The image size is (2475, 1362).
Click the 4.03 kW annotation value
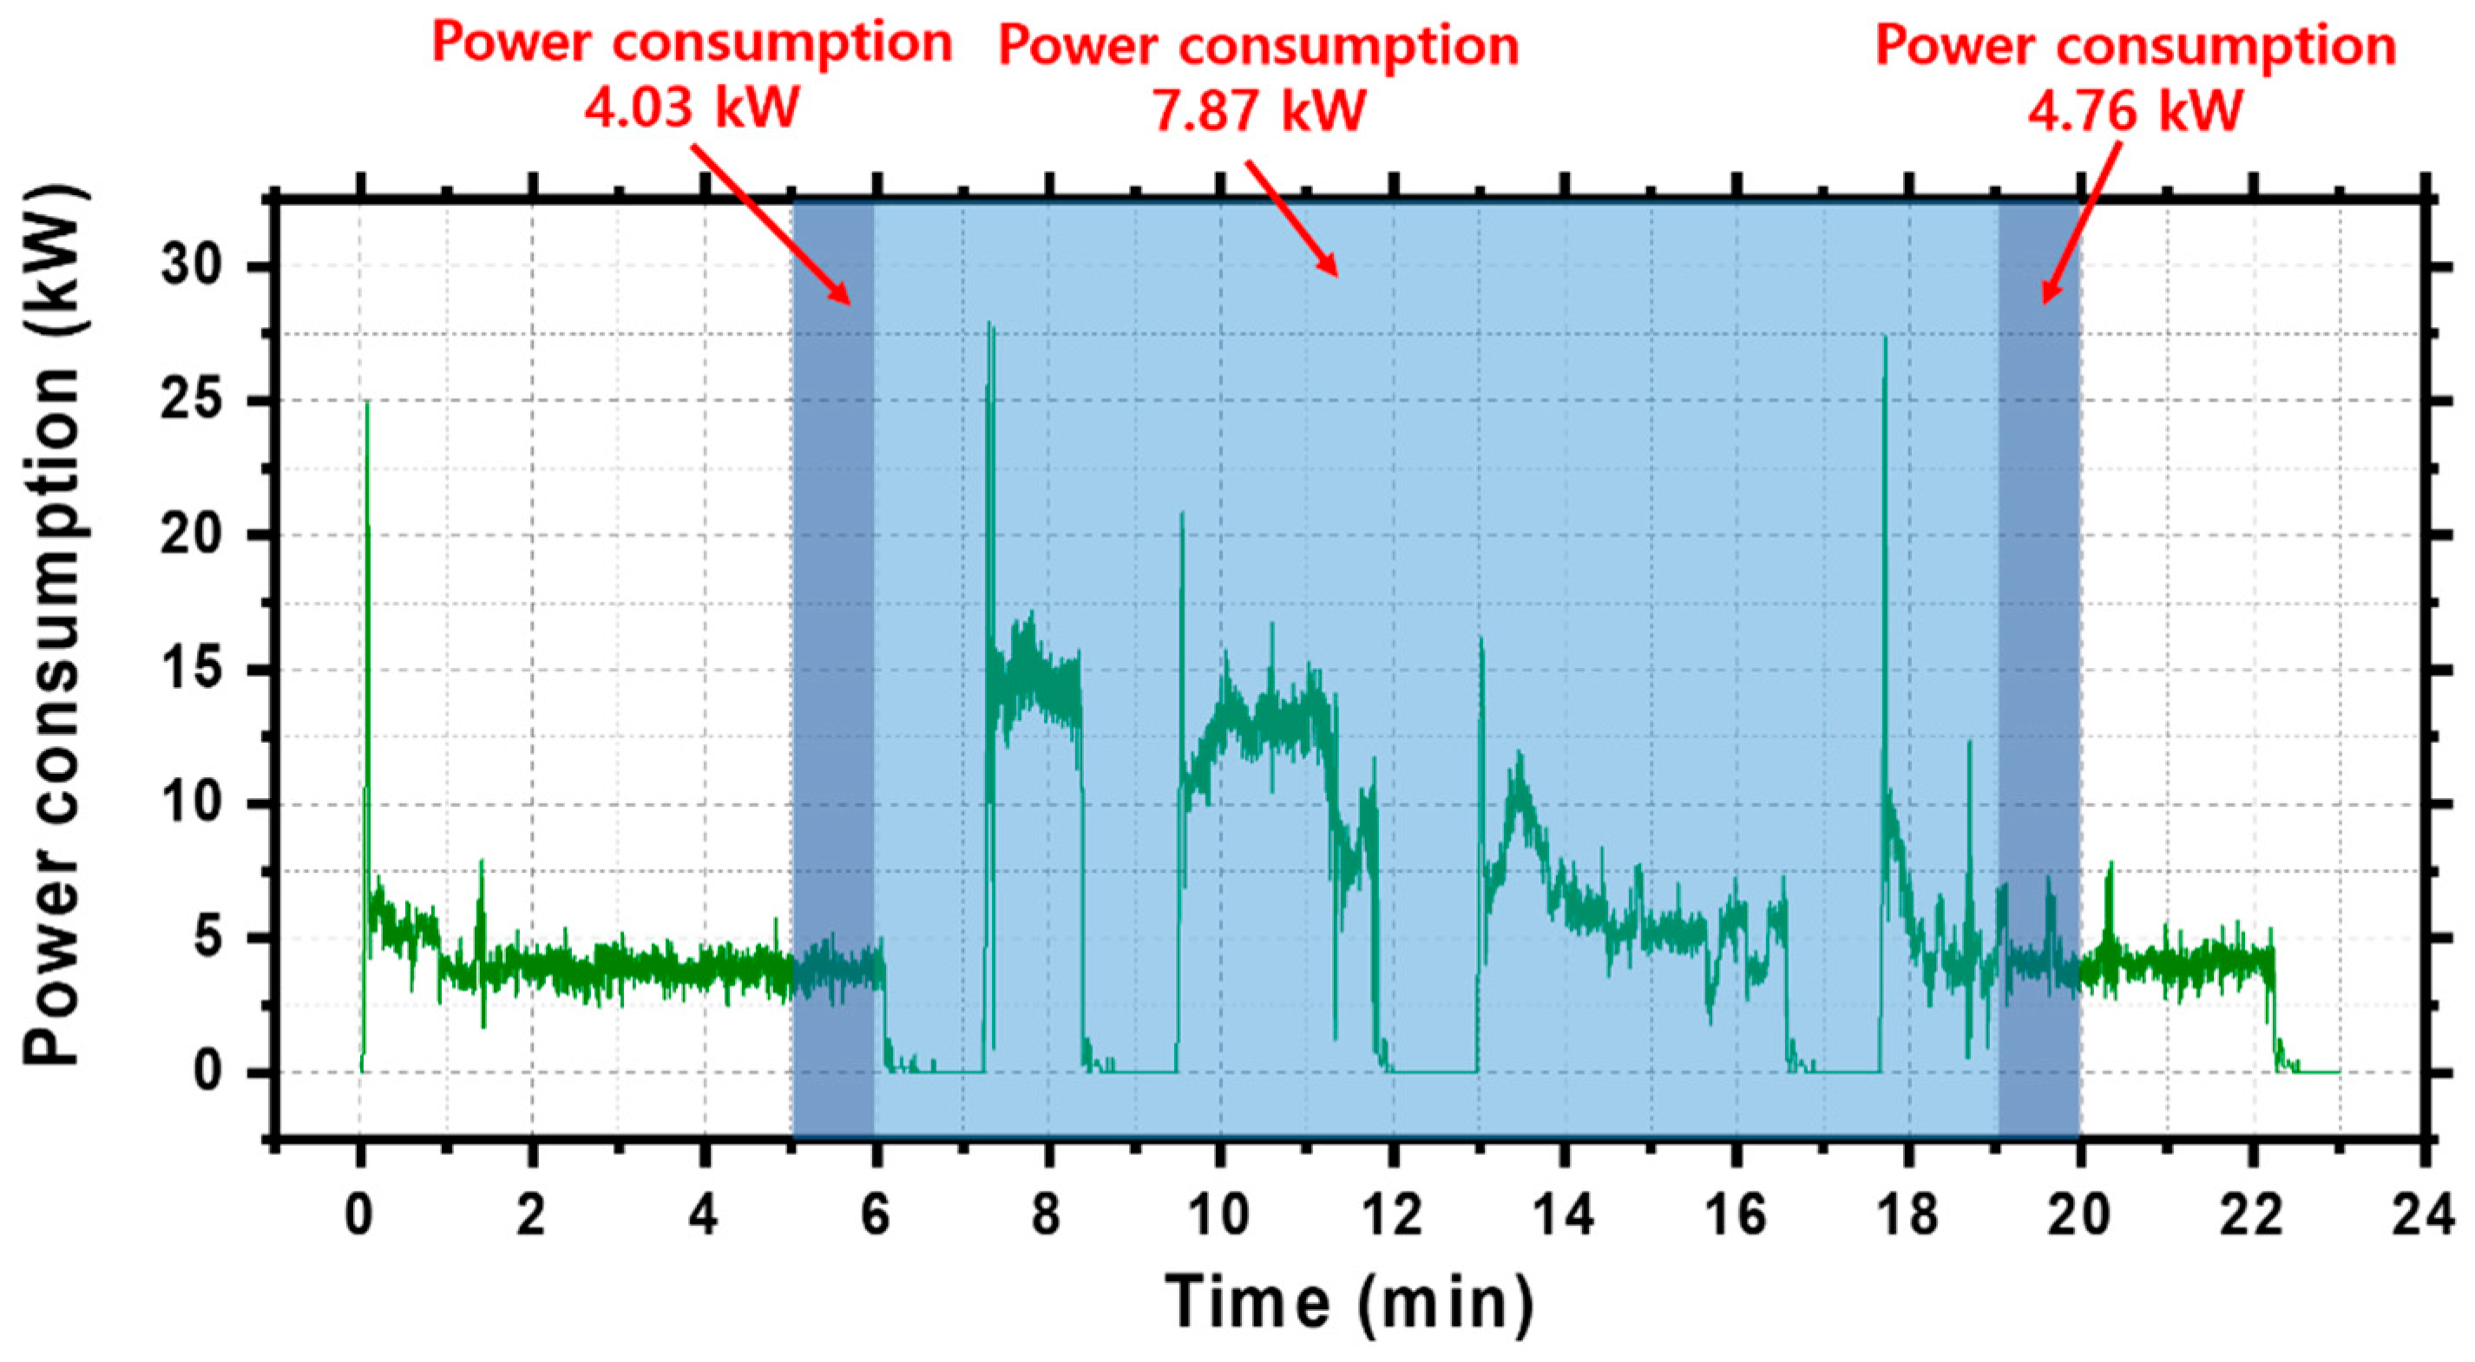(x=691, y=108)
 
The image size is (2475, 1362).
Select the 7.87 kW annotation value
(x=1258, y=109)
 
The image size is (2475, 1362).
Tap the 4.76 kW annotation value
(x=2135, y=109)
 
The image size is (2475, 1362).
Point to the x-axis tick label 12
(x=1392, y=1215)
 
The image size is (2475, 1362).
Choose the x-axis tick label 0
(x=359, y=1215)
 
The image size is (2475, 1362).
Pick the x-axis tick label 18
(x=1908, y=1215)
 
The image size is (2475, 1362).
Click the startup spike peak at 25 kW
(x=367, y=403)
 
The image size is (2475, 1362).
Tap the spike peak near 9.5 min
(x=1182, y=514)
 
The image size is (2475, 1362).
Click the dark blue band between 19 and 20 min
(x=2038, y=672)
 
